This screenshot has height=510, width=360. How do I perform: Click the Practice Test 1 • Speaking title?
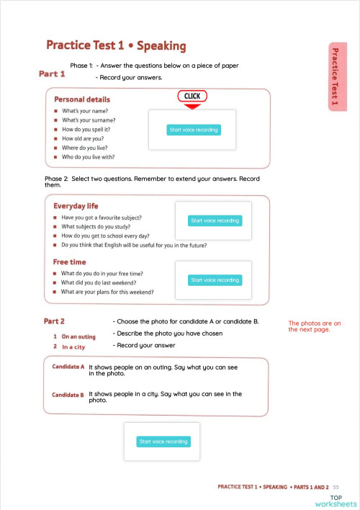click(116, 46)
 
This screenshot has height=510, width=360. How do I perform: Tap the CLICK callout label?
click(192, 96)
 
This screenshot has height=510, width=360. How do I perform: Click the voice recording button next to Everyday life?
click(214, 220)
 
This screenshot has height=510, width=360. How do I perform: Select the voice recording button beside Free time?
click(214, 279)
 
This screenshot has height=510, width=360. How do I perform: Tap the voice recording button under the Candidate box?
click(163, 442)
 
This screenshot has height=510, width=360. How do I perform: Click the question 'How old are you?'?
click(83, 138)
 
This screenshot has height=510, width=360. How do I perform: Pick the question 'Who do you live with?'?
click(88, 156)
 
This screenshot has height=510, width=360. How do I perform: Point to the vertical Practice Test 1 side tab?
click(334, 78)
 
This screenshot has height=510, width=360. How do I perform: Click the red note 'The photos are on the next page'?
click(315, 326)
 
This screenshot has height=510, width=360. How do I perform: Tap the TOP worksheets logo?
click(343, 500)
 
